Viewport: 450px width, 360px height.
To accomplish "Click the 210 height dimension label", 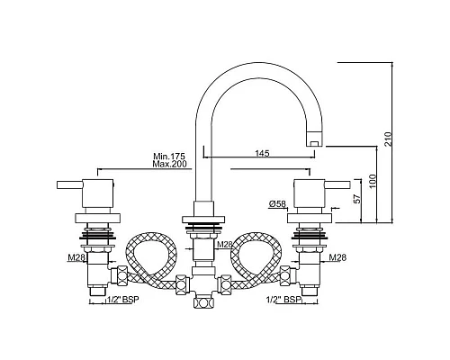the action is (388, 139).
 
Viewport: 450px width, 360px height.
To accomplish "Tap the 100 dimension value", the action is (373, 181).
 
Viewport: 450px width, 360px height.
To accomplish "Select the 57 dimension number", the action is (357, 199).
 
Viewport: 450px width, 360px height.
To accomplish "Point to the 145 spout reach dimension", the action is (262, 153).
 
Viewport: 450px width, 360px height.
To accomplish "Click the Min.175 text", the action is (169, 157).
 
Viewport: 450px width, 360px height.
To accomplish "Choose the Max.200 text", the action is (169, 164).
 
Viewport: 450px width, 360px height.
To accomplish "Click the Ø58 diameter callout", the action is (277, 204).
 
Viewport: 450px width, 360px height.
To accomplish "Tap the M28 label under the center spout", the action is (225, 245).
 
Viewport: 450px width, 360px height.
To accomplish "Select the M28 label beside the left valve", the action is (76, 257).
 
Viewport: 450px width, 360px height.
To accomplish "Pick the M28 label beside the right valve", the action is (337, 257).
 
